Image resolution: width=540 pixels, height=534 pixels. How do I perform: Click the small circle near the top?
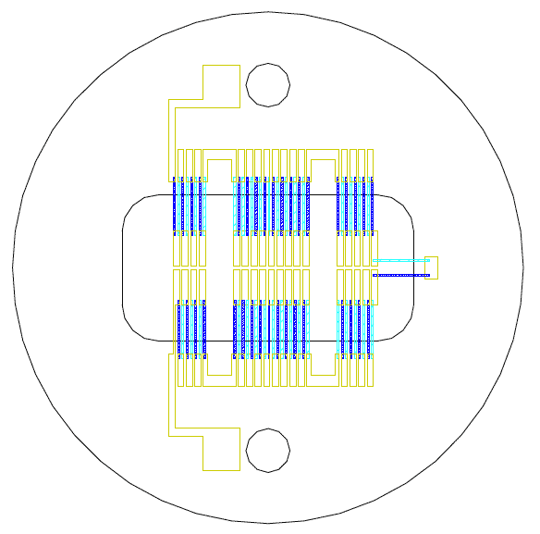(x=268, y=84)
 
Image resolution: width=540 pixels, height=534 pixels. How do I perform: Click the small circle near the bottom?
(x=268, y=450)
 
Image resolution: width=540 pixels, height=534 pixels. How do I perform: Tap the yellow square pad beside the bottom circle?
(x=221, y=450)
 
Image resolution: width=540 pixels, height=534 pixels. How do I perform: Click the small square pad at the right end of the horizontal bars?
(x=431, y=267)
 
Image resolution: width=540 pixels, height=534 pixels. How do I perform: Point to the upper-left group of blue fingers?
(x=189, y=205)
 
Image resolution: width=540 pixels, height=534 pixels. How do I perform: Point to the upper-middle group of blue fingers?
(x=268, y=205)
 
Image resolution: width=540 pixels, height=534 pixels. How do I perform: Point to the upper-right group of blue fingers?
(x=355, y=205)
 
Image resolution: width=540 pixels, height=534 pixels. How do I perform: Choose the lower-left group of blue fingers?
(x=189, y=328)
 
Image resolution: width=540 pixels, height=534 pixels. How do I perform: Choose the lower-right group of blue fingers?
(x=355, y=328)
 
